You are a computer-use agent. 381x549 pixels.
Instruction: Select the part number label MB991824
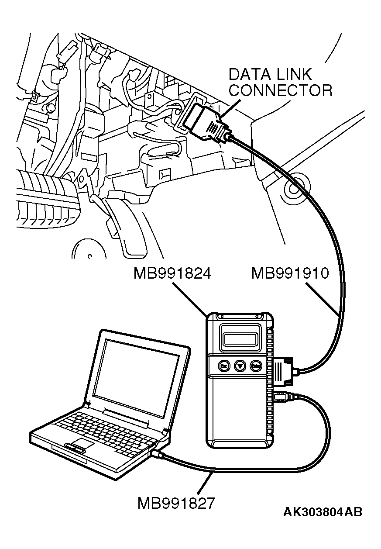172,274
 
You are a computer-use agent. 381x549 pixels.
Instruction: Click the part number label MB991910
289,274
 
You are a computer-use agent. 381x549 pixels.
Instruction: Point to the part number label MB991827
176,503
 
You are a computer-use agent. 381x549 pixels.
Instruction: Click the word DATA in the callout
247,74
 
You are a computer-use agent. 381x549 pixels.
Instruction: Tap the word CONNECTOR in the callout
280,90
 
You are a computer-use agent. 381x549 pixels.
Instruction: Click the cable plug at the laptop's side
160,454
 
